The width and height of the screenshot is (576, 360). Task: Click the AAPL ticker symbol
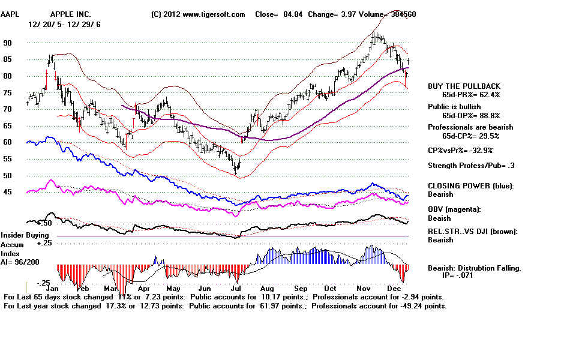[x=12, y=14]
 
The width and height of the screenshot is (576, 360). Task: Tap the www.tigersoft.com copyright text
[x=198, y=14]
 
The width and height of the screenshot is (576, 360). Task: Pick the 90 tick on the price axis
[x=7, y=43]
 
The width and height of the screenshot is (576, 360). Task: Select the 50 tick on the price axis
[x=7, y=176]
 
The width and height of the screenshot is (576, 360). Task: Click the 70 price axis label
[x=7, y=109]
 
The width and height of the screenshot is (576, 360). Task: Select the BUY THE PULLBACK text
[x=464, y=86]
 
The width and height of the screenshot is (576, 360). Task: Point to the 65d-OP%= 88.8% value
[x=471, y=115]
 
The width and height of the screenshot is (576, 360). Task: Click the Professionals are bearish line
[x=470, y=127]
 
